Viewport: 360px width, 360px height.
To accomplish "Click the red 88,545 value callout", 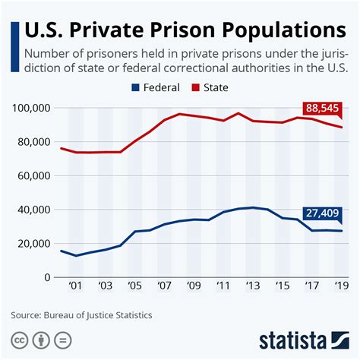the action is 322,109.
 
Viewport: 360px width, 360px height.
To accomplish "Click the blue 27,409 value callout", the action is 322,214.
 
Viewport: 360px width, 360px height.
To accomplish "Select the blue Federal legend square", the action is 135,87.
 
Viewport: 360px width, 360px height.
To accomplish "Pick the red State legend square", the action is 196,87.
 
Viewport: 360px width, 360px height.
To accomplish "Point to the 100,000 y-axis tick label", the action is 31,108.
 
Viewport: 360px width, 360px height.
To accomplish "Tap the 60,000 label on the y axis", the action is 34,176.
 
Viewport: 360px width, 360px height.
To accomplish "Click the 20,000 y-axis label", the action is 34,244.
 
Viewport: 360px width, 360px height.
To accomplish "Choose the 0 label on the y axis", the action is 47,277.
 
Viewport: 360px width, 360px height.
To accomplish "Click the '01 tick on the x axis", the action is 75,286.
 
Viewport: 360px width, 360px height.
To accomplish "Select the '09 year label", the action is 194,286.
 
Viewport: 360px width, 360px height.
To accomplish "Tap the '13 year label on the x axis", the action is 253,286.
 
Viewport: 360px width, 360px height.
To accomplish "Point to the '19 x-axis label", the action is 342,286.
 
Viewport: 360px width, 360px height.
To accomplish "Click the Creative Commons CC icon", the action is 19,340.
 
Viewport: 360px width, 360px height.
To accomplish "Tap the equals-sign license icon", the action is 63,340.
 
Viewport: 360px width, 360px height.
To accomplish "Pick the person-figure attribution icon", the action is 41,340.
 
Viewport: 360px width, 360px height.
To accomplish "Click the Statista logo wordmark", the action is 292,341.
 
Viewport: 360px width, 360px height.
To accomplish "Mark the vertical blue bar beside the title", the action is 15,47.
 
